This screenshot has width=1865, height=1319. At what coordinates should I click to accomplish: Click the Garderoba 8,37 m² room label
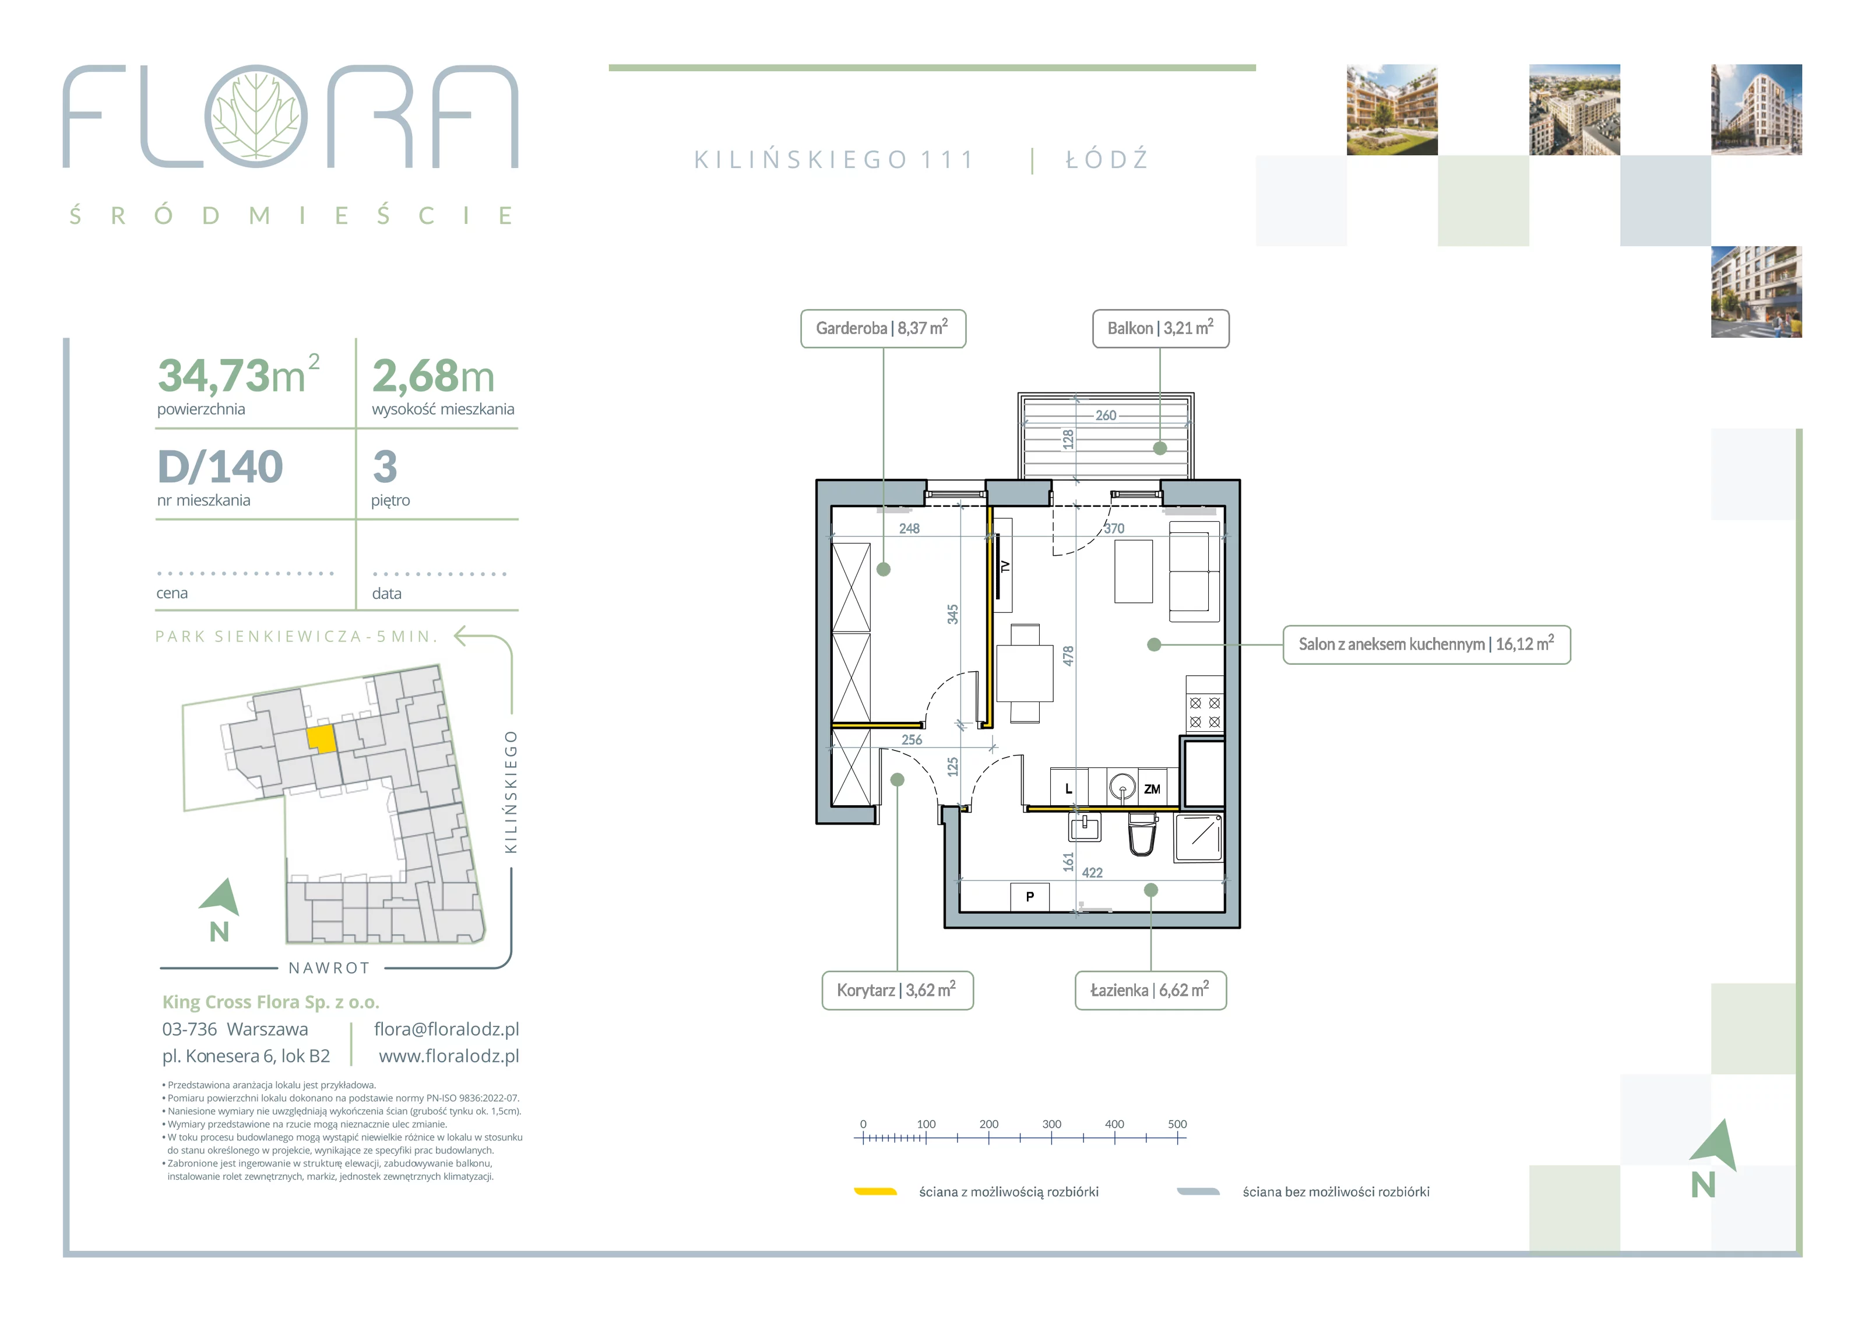pos(883,328)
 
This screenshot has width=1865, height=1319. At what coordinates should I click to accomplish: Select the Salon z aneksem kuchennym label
pos(1426,644)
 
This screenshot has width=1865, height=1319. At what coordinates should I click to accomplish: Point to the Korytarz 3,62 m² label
pos(898,991)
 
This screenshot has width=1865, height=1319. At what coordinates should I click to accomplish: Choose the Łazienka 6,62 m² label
pos(1150,991)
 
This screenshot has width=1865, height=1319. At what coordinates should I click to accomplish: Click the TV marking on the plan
pos(1005,566)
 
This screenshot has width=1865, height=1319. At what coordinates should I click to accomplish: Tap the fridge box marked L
pos(1069,788)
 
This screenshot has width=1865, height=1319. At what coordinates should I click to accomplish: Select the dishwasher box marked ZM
pos(1152,788)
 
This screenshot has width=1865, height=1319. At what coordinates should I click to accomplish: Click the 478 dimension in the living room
pos(1068,656)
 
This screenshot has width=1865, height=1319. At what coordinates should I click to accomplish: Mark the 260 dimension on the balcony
pos(1106,415)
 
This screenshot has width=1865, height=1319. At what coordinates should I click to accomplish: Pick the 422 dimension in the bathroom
pos(1093,873)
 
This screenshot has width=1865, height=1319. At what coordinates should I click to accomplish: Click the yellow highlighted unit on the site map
pos(321,739)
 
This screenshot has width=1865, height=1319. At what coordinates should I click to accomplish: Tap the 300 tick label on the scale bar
pos(1052,1124)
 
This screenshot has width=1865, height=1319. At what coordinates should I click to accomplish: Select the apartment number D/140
pos(220,466)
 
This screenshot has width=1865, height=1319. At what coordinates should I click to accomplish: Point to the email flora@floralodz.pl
pos(446,1030)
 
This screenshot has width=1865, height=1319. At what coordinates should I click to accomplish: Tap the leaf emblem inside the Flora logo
pos(256,116)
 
